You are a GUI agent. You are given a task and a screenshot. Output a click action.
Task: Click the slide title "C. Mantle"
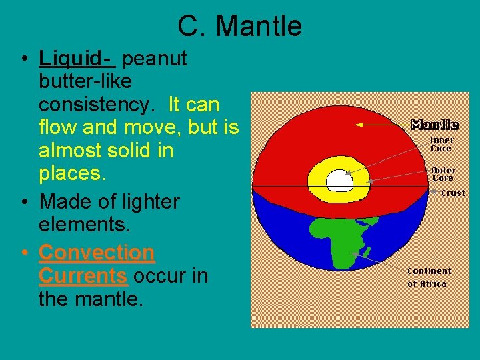pos(239,27)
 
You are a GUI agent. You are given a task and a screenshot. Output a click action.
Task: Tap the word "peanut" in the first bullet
pos(155,59)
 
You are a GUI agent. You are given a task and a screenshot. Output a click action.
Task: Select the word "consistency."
pos(100,105)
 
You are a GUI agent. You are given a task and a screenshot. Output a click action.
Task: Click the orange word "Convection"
pos(97,253)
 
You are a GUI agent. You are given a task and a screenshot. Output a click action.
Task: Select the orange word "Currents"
pos(83,275)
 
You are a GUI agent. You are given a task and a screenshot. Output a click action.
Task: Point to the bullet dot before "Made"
pos(24,201)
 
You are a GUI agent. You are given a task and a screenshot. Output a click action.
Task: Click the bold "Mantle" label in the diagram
pos(435,125)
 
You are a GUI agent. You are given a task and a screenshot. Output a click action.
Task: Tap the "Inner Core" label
pos(441,144)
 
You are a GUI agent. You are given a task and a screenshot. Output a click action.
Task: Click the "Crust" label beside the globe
pos(453,193)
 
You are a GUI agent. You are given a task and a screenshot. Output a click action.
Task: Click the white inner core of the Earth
pos(341,179)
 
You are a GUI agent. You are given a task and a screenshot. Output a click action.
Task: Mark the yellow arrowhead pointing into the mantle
pos(359,124)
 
